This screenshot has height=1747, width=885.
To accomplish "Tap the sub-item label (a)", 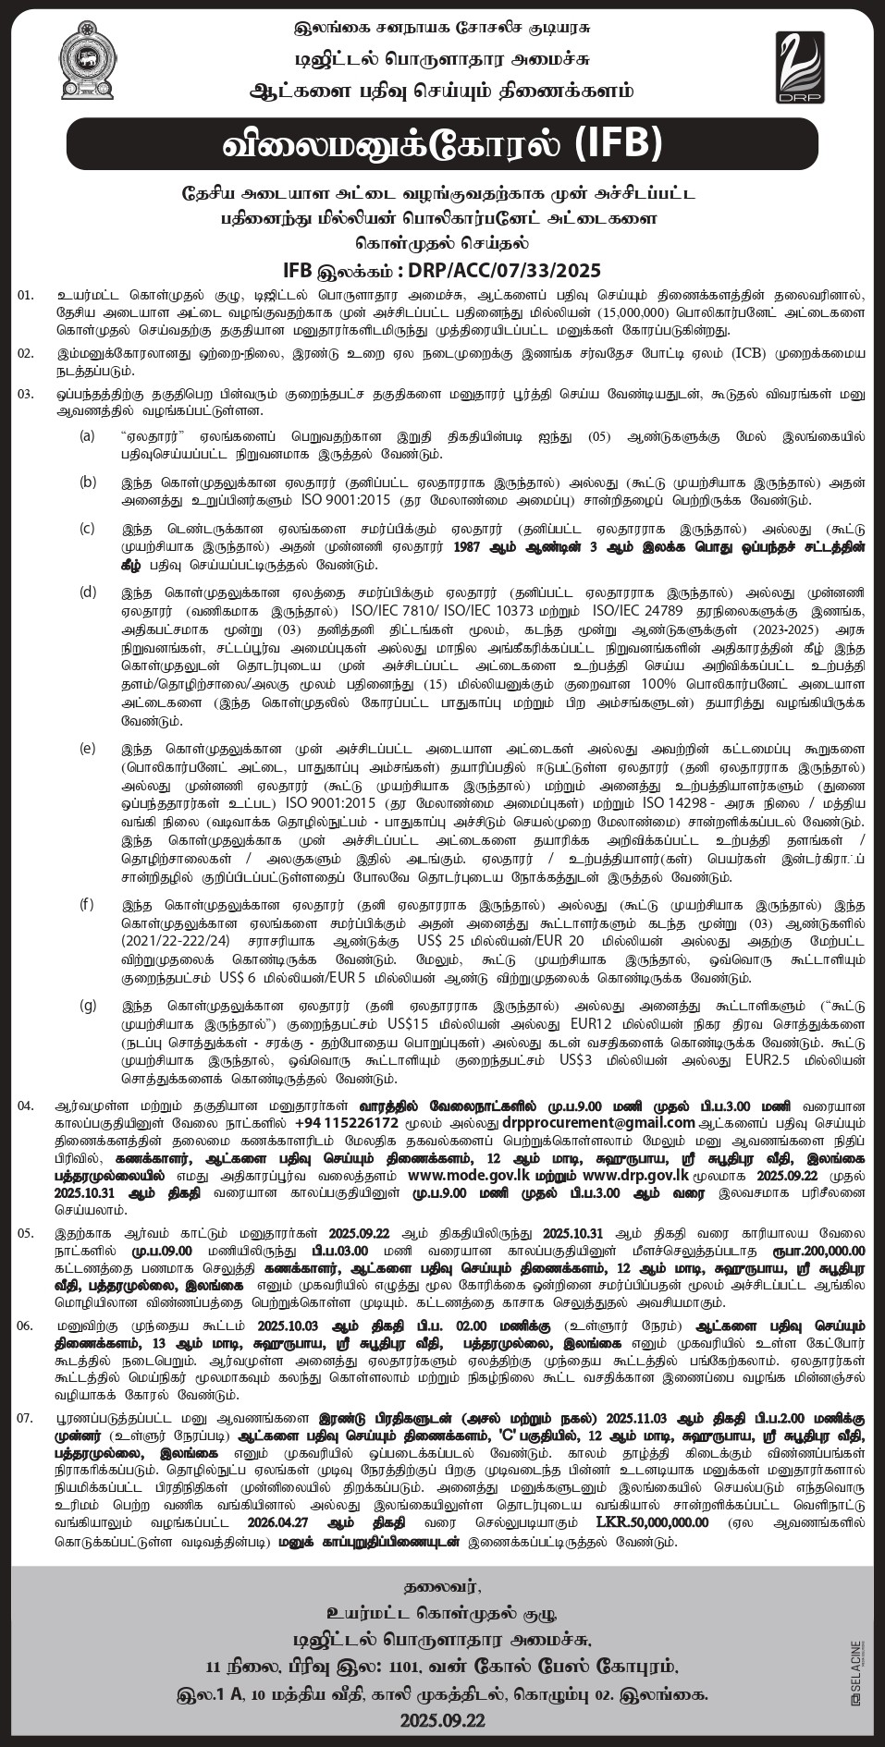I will click(x=87, y=434).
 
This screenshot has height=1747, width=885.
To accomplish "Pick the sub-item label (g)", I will click(x=87, y=1005).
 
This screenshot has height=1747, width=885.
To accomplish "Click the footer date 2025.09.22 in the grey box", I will click(x=442, y=1721).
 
